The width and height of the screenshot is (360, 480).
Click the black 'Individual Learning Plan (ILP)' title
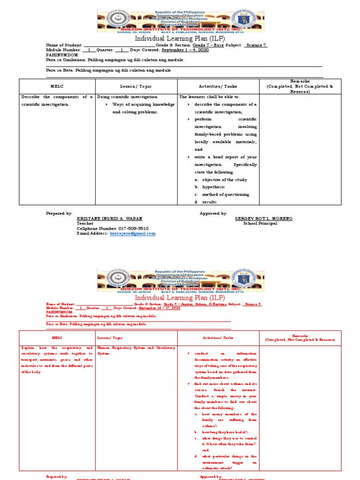[180, 38]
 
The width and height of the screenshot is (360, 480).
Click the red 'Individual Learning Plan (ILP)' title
[180, 298]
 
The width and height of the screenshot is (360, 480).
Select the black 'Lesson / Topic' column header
[136, 86]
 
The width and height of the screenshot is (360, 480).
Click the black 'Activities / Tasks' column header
[218, 86]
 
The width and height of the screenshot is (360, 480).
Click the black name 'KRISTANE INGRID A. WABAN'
[109, 218]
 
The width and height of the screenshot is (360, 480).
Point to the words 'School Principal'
[260, 223]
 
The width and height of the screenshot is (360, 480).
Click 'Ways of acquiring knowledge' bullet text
[143, 105]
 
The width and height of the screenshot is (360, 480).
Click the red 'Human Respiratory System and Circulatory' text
[136, 348]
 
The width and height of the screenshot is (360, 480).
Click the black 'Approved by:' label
[213, 213]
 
